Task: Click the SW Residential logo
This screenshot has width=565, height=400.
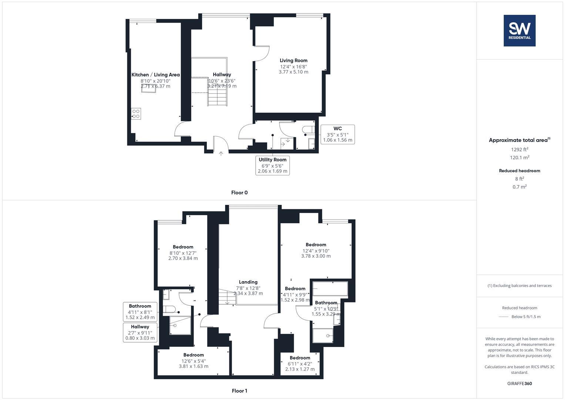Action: click(x=519, y=30)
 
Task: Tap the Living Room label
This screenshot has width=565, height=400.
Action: click(x=293, y=60)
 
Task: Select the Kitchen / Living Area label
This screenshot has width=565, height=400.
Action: click(x=155, y=75)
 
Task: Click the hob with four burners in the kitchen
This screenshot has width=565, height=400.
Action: click(x=136, y=113)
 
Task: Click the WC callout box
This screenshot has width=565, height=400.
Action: click(x=337, y=134)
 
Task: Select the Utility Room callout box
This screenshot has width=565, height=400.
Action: click(x=272, y=165)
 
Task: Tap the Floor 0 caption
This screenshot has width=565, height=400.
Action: click(x=239, y=193)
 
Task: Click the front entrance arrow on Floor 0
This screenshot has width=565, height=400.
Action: click(x=221, y=153)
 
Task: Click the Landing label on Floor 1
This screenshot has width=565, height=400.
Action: click(x=248, y=282)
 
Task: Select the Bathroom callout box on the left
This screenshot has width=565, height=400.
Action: click(x=140, y=311)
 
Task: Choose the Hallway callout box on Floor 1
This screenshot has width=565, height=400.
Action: click(x=140, y=332)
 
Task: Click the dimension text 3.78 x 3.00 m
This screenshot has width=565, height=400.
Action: click(x=316, y=256)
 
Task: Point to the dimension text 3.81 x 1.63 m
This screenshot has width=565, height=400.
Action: click(x=193, y=366)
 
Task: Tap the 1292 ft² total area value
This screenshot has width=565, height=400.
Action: click(x=519, y=150)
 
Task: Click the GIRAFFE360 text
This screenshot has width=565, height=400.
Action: click(x=519, y=383)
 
